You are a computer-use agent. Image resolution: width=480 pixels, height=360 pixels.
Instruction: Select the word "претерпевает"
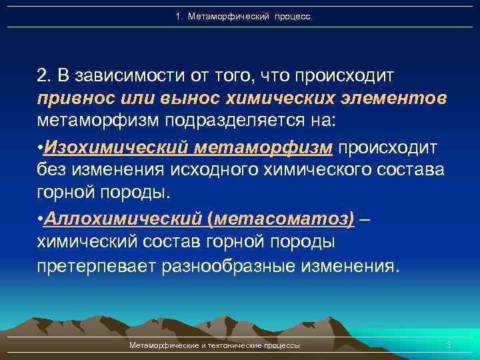click(95, 267)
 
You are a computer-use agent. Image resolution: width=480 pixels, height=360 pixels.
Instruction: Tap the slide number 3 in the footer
click(449, 345)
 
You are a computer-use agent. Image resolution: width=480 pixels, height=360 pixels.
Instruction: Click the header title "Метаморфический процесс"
click(250, 16)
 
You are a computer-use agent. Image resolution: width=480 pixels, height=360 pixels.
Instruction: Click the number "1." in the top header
click(179, 16)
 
